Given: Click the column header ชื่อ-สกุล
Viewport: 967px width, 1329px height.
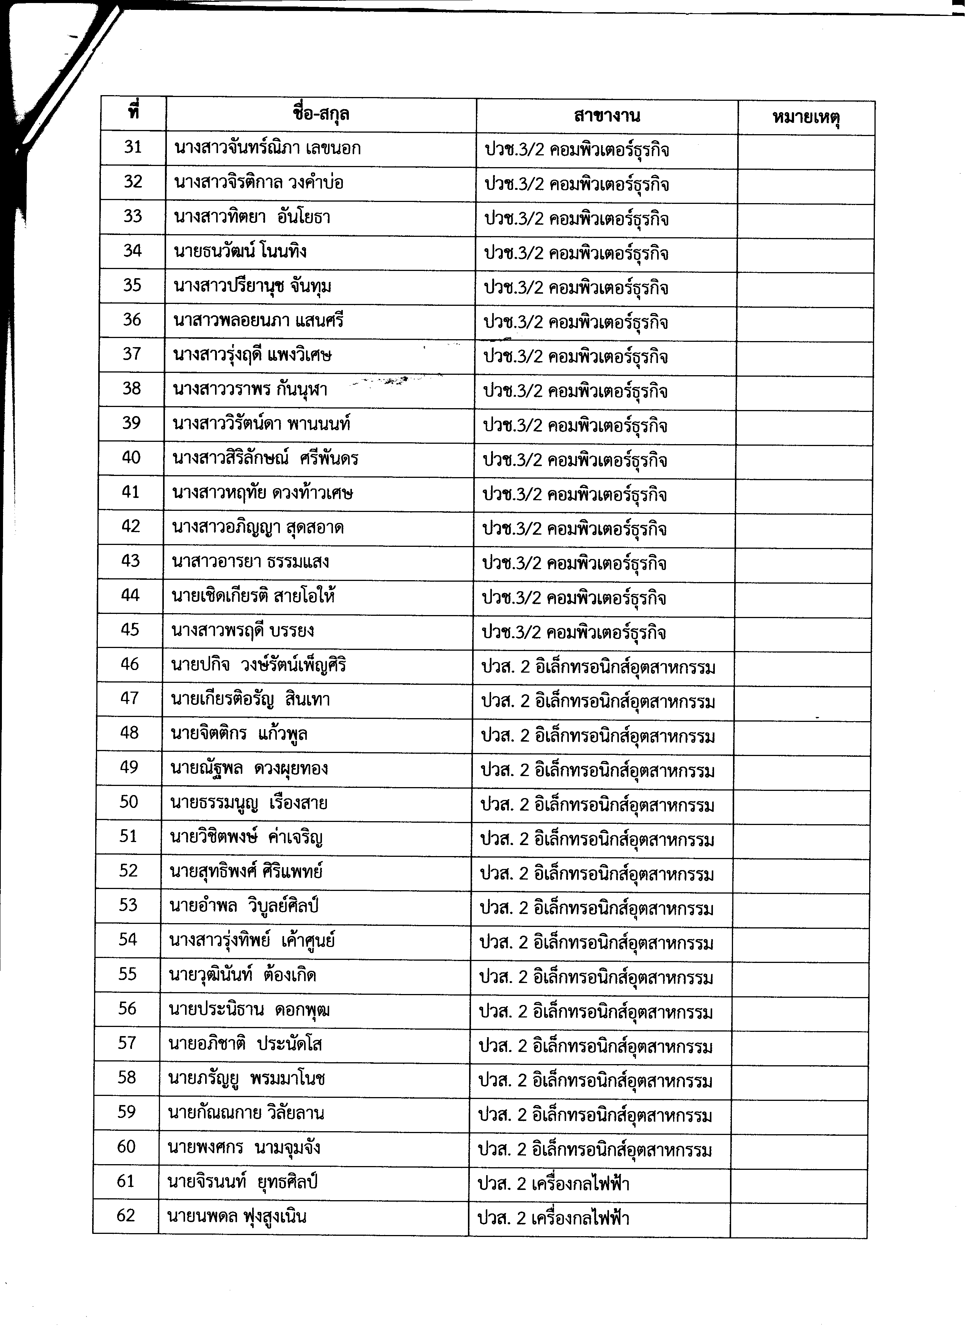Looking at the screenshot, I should (x=321, y=114).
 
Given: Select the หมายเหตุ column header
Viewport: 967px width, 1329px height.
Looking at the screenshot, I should (x=806, y=118).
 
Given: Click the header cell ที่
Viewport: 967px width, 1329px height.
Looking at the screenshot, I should (x=134, y=113).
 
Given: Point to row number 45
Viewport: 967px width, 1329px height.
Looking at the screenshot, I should (x=130, y=630).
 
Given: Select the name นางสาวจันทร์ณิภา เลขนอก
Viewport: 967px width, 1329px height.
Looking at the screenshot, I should (x=267, y=148).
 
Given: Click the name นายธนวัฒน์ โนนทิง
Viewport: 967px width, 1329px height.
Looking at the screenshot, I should (x=240, y=251).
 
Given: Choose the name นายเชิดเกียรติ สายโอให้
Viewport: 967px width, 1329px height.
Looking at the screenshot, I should (x=254, y=596).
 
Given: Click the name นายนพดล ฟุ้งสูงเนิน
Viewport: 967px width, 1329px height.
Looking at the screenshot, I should (x=237, y=1216).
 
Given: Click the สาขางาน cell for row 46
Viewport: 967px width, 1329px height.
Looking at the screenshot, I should (x=598, y=667).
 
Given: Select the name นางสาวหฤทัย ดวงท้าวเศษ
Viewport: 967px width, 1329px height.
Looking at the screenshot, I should (x=263, y=493).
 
